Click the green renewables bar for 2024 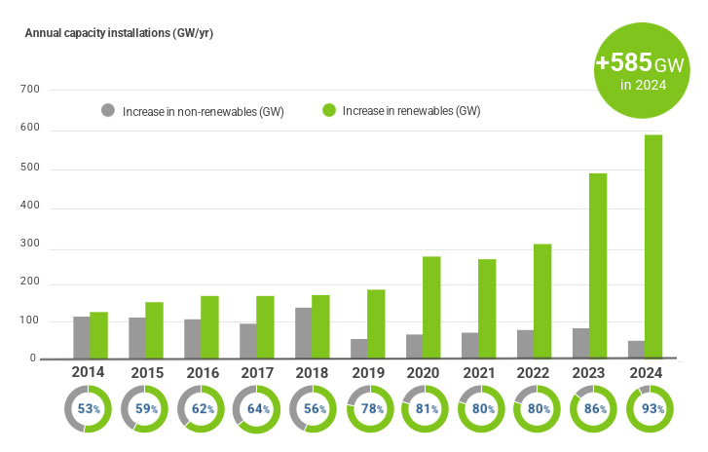click(x=653, y=246)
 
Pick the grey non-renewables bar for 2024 click(x=637, y=350)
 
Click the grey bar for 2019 click(x=359, y=349)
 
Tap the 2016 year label click(x=201, y=372)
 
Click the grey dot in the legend click(x=108, y=110)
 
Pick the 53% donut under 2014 click(x=90, y=409)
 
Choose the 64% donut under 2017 click(x=256, y=409)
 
